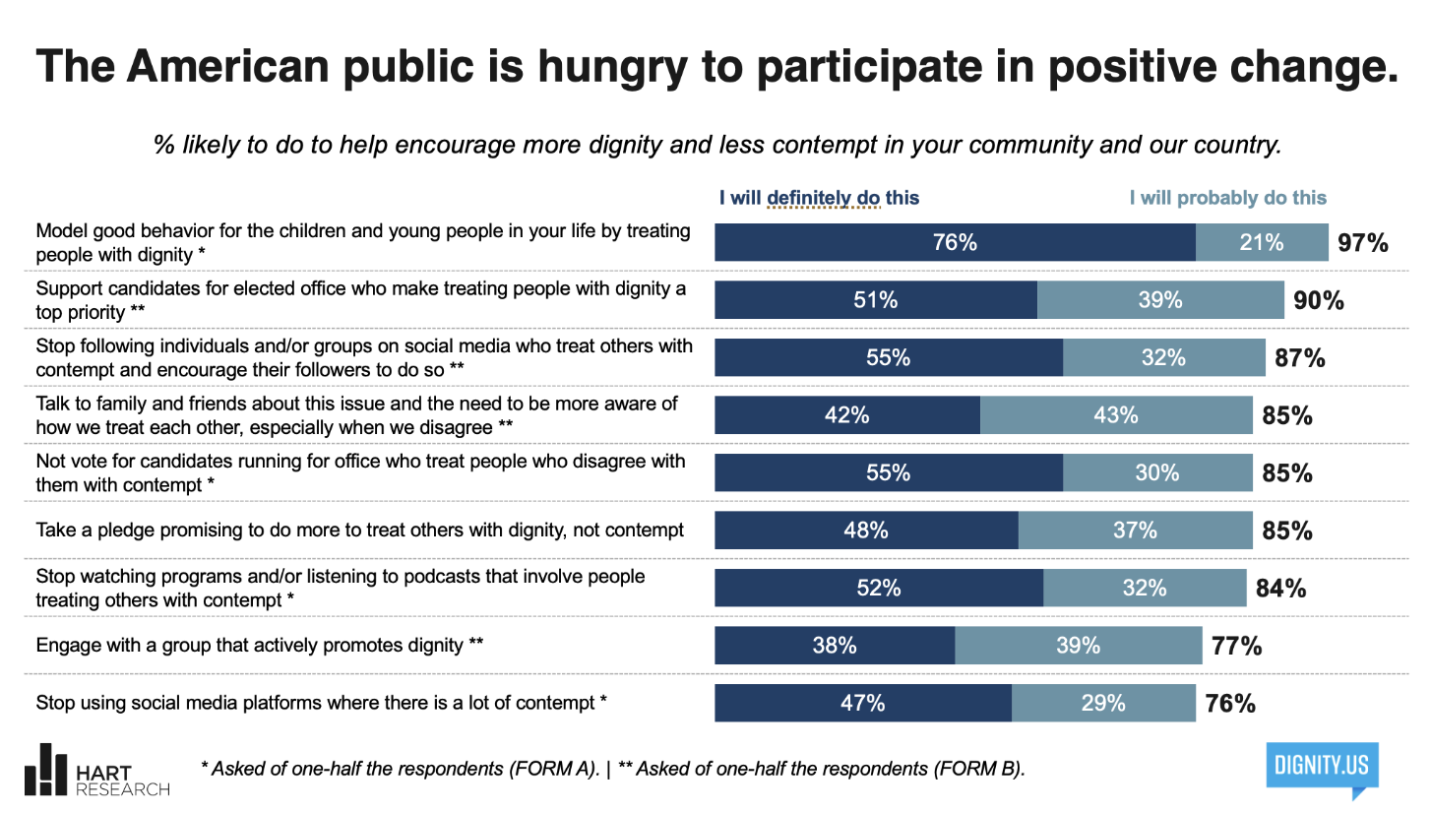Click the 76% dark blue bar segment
(955, 242)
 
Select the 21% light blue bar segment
(1262, 242)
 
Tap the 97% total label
(1363, 243)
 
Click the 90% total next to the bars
(1319, 300)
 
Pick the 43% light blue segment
(1116, 415)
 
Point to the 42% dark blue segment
(847, 415)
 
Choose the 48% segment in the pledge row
(866, 531)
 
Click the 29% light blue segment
(1103, 703)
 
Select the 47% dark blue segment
(863, 703)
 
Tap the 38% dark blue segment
(835, 645)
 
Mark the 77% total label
(1237, 646)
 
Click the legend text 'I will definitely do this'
(819, 198)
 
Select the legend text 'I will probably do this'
(1228, 198)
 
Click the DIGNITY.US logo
(1323, 769)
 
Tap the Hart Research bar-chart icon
(45, 770)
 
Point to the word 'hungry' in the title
(612, 66)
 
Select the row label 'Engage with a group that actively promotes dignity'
(260, 645)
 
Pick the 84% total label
(1280, 589)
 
